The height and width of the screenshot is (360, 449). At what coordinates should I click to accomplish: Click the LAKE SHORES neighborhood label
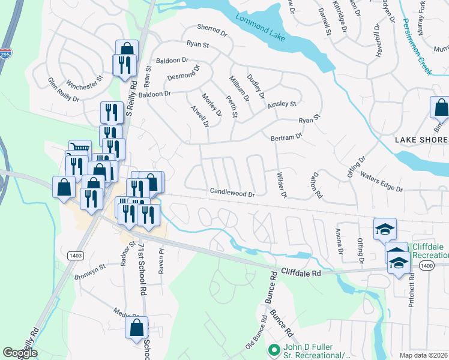coord(421,140)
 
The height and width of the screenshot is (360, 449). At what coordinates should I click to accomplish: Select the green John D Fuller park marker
coord(274,349)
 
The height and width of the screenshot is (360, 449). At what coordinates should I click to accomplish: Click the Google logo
coord(20,353)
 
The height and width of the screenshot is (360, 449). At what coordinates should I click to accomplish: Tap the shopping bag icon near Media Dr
coord(136,327)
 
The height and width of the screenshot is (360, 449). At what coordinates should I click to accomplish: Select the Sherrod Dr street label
coord(213,28)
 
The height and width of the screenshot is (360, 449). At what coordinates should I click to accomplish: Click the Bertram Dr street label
coord(286,137)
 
